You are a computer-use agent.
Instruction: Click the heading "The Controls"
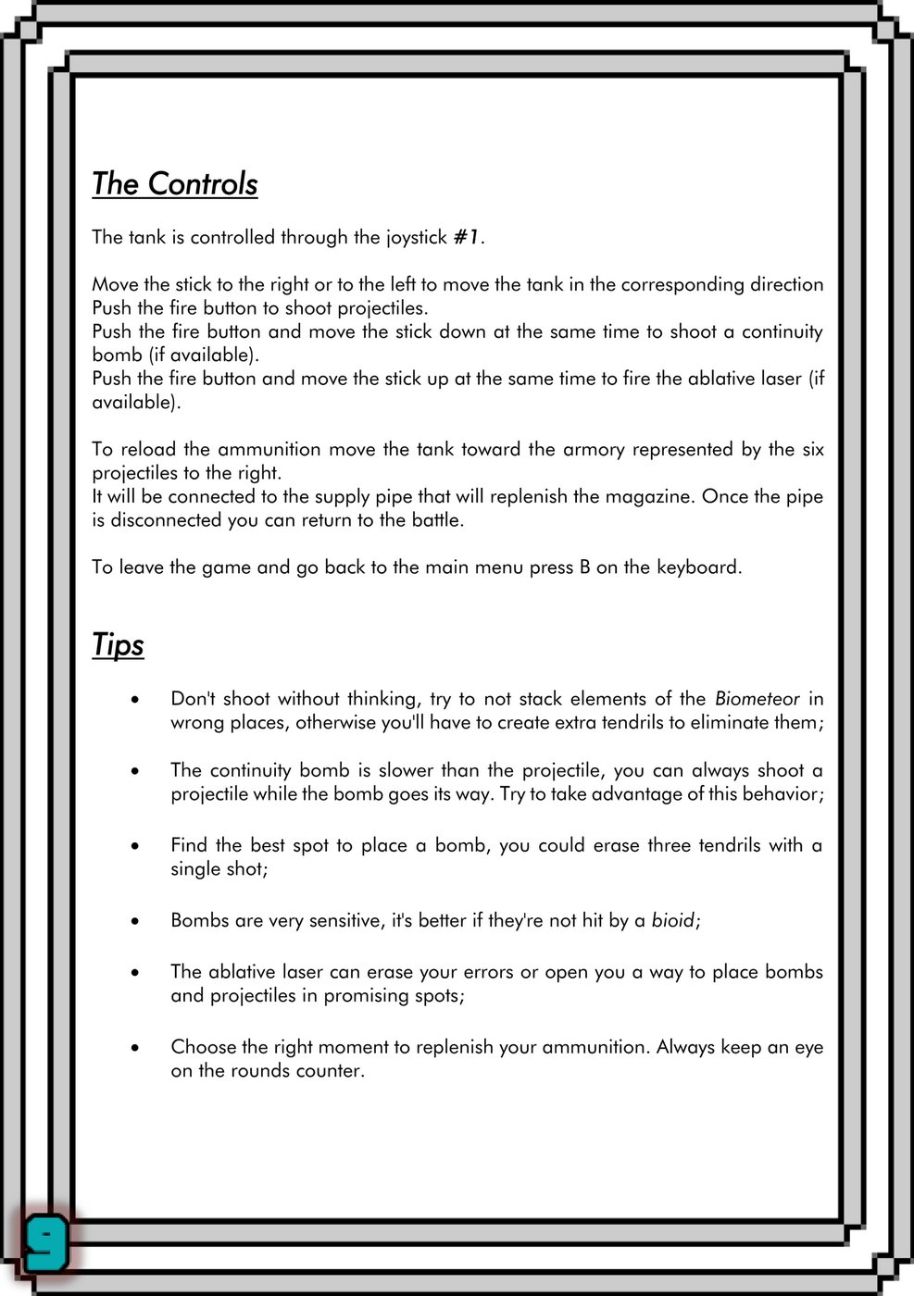pyautogui.click(x=174, y=184)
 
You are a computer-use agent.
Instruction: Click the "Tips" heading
pyautogui.click(x=118, y=644)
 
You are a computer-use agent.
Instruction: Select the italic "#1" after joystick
pyautogui.click(x=466, y=238)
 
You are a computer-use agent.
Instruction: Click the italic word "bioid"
pyautogui.click(x=672, y=921)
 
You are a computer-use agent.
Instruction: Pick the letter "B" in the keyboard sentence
pyautogui.click(x=584, y=567)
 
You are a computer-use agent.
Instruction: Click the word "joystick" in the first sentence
pyautogui.click(x=416, y=238)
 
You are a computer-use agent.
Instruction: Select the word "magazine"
pyautogui.click(x=647, y=496)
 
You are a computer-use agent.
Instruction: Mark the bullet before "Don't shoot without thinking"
pyautogui.click(x=136, y=700)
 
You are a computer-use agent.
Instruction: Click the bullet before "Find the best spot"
pyautogui.click(x=136, y=846)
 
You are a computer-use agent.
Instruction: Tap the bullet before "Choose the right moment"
pyautogui.click(x=136, y=1048)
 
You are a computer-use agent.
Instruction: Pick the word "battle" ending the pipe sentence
pyautogui.click(x=432, y=520)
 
